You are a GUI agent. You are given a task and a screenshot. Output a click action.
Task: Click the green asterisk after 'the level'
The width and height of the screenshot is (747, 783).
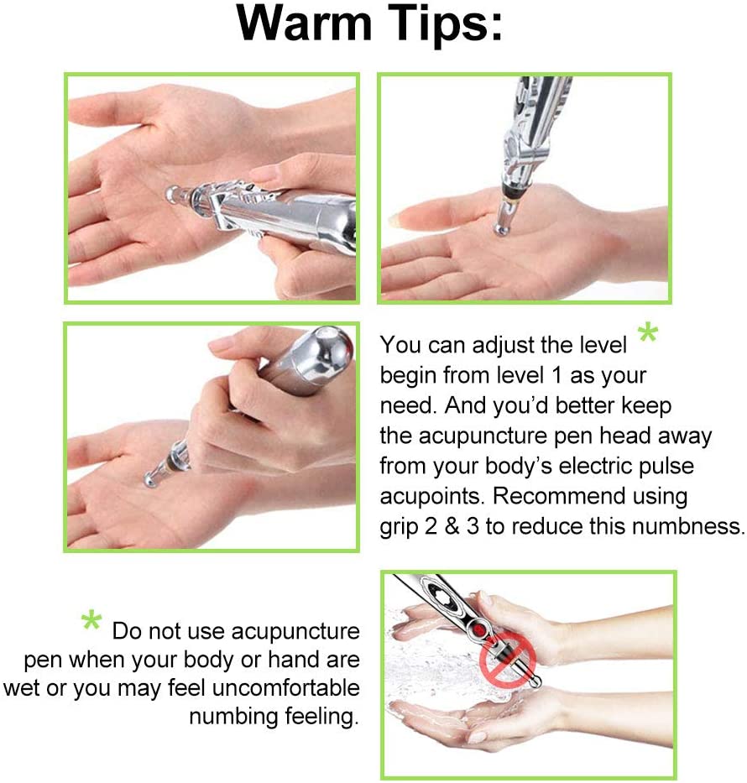[x=647, y=335]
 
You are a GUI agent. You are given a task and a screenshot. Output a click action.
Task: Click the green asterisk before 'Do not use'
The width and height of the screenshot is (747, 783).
[x=91, y=623]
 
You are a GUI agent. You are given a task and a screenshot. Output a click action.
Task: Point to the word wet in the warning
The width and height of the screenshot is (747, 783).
[x=21, y=688]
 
